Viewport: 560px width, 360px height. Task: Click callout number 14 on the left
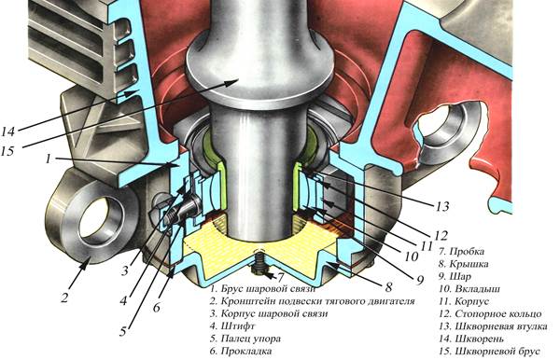[7, 132]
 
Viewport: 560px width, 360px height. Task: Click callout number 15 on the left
[7, 151]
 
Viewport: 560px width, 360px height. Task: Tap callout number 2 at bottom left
[64, 298]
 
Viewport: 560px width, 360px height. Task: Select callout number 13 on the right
[442, 206]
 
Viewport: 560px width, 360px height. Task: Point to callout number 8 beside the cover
[388, 286]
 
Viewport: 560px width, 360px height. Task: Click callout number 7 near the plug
[281, 278]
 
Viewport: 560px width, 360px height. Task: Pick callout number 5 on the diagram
[123, 331]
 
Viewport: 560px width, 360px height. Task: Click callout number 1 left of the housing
[49, 159]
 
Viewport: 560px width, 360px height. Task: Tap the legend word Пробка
[467, 252]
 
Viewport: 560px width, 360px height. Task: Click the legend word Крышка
[469, 264]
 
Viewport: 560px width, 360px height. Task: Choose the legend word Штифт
[238, 326]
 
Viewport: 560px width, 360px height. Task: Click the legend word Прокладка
[246, 351]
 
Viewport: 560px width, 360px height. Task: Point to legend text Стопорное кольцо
[498, 314]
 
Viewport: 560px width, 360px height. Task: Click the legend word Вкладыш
[478, 289]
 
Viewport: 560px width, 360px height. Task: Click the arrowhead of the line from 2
[87, 262]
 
